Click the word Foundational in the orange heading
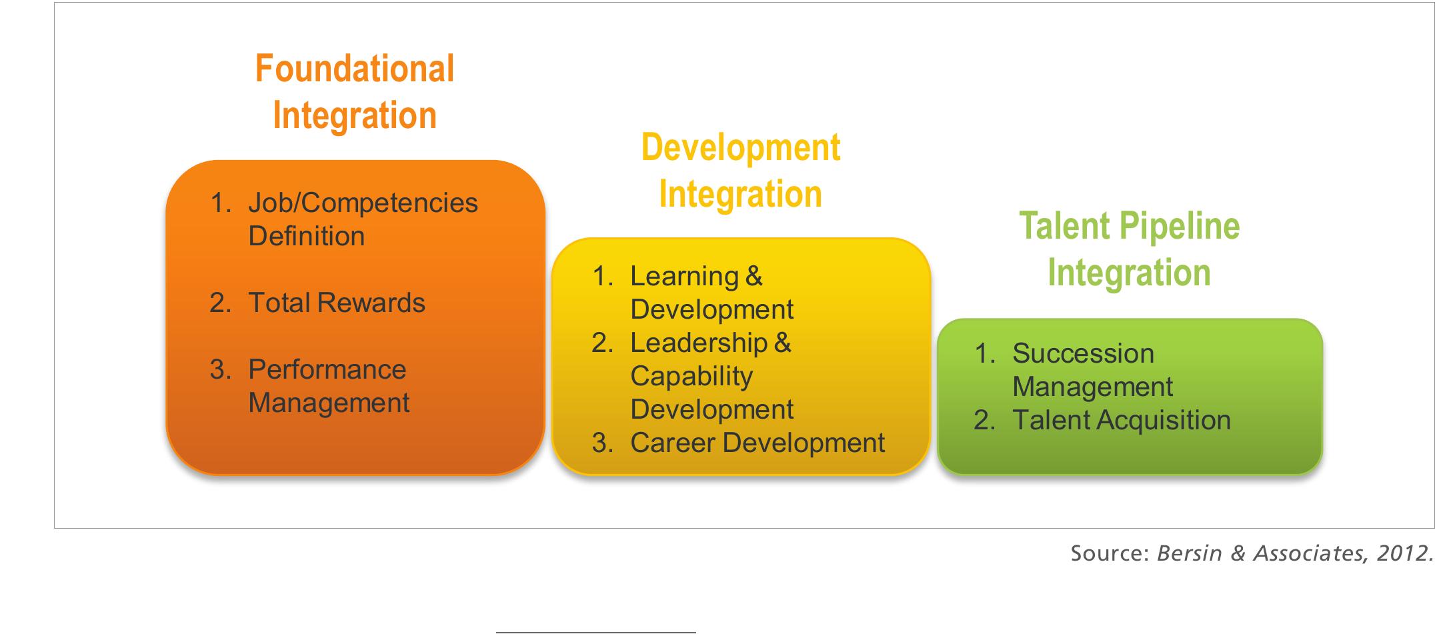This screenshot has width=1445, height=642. pyautogui.click(x=355, y=69)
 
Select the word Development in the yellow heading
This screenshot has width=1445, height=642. pyautogui.click(x=740, y=147)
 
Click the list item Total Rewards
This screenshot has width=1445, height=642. pyautogui.click(x=336, y=303)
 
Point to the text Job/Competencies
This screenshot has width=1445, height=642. pyautogui.click(x=363, y=203)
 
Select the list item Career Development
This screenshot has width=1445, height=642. pyautogui.click(x=757, y=443)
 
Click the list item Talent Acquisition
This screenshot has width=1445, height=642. pyautogui.click(x=1121, y=420)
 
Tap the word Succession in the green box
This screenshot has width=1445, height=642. pyautogui.click(x=1082, y=353)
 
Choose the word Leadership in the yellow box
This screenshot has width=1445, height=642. pyautogui.click(x=698, y=343)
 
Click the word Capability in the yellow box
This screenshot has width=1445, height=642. pyautogui.click(x=691, y=376)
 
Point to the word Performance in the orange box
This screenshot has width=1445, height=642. pyautogui.click(x=327, y=369)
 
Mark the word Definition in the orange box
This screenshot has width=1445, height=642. pyautogui.click(x=306, y=236)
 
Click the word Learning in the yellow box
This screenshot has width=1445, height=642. pyautogui.click(x=684, y=276)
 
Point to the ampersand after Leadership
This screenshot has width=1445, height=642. pyautogui.click(x=782, y=343)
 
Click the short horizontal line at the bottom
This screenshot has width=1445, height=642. pyautogui.click(x=595, y=632)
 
